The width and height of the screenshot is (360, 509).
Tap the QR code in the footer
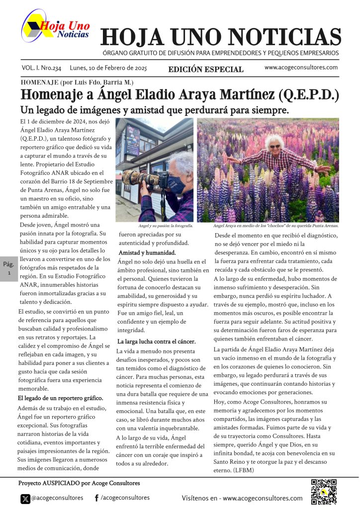point(324,491)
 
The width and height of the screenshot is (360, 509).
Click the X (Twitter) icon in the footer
point(25,498)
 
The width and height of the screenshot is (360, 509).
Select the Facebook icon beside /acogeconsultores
point(96,498)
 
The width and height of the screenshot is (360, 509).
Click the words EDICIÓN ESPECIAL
point(206,70)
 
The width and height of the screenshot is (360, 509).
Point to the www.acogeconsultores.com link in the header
point(301,68)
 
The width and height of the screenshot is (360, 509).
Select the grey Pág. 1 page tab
point(8,268)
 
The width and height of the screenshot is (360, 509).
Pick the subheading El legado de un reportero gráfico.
point(60,398)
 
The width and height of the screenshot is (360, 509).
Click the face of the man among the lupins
point(274,144)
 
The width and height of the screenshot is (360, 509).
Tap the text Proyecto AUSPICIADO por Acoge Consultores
point(80,483)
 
